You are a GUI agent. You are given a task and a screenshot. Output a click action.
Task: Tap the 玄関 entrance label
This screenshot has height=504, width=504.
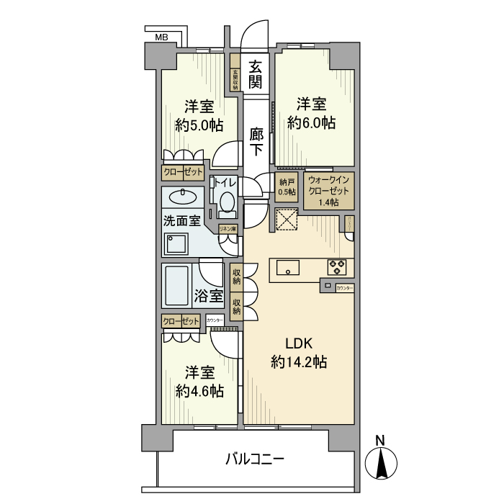[x=255, y=74]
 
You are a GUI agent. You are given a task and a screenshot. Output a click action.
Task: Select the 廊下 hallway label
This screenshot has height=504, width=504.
[x=256, y=141]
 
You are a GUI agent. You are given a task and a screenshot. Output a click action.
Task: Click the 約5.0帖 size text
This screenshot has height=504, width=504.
[x=199, y=125]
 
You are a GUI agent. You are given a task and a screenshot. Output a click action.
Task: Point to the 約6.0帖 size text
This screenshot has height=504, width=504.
[x=311, y=122]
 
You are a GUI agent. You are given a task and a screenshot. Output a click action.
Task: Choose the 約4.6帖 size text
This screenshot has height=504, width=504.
[x=199, y=390]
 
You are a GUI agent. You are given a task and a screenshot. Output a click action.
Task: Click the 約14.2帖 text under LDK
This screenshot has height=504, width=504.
[x=300, y=361]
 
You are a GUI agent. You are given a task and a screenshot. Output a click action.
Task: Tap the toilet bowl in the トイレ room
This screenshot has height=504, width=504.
[x=227, y=202]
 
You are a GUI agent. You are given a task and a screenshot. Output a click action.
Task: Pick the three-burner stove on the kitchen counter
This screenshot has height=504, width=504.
[x=337, y=266]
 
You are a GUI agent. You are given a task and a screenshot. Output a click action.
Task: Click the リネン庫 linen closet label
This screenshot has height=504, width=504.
[x=229, y=229]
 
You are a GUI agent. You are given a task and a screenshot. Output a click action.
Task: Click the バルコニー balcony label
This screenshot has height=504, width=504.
[x=255, y=458]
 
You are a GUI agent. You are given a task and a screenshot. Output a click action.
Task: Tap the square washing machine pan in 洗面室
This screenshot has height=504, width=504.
[x=176, y=244]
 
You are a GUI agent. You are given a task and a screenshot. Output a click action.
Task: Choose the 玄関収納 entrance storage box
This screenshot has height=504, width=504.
[x=235, y=79]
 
